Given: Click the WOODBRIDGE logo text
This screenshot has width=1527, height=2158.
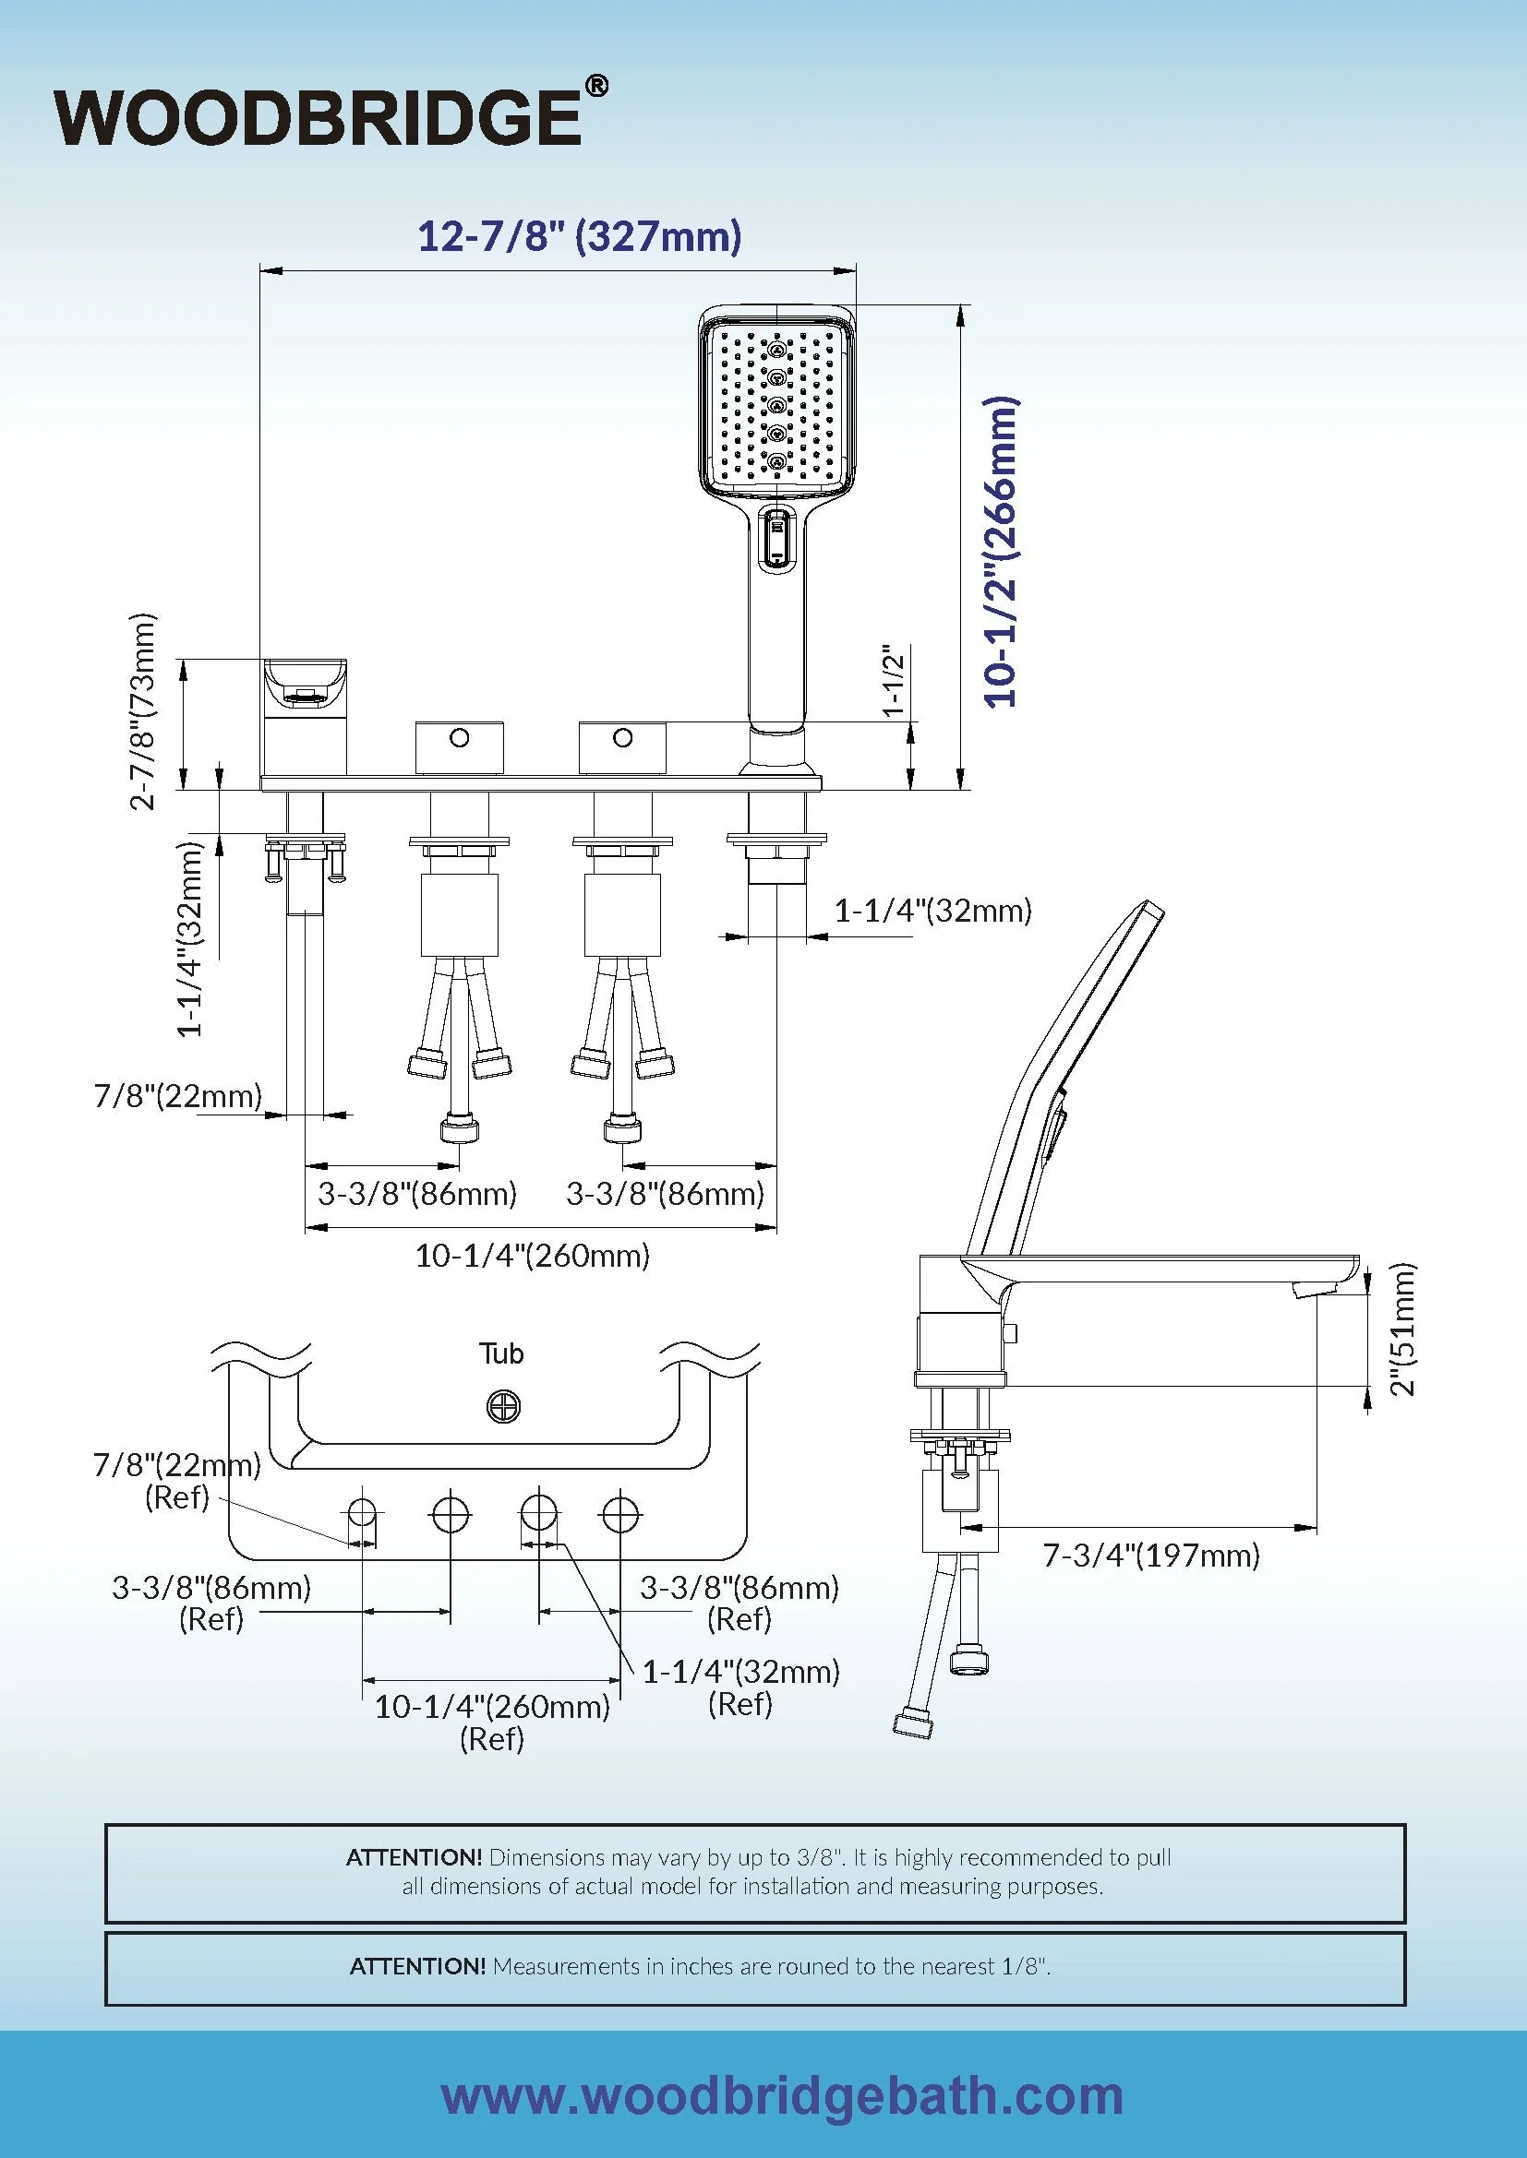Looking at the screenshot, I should tap(318, 117).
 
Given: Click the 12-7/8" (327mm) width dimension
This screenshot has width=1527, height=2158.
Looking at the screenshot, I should tap(579, 235).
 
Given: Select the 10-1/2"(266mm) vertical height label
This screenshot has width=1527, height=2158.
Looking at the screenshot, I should tap(1001, 552).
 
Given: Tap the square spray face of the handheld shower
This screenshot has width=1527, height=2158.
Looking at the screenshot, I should tap(776, 406).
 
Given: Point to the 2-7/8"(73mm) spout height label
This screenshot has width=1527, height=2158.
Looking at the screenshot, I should tap(143, 711).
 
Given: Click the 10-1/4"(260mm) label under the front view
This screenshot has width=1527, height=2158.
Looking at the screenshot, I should tap(532, 1256).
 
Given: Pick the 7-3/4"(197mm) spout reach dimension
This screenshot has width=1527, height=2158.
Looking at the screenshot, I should tap(1151, 1556).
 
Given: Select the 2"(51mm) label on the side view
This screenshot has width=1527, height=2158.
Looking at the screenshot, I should tap(1402, 1329).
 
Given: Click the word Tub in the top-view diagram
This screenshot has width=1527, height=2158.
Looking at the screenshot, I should tap(501, 1353).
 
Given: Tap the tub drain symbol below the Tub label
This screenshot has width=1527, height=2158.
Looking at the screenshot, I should tap(504, 1407).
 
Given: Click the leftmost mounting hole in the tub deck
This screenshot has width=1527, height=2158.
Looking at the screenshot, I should tap(363, 1514).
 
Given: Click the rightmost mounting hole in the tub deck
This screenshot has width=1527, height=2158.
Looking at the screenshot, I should tap(620, 1514).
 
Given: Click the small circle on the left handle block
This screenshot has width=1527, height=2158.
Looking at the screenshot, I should tap(459, 738).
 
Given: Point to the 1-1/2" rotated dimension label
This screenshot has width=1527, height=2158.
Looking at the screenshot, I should tap(895, 681).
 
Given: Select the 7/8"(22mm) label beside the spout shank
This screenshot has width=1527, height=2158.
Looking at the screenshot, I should tap(176, 1096).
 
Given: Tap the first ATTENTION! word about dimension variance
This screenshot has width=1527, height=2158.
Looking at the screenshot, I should tap(414, 1857).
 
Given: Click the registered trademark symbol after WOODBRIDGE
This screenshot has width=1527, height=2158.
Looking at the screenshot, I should tap(596, 88).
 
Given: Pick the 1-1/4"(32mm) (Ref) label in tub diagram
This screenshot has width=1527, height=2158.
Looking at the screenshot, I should tap(741, 1687).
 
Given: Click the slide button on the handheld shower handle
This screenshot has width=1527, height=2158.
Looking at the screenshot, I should tap(776, 540).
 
